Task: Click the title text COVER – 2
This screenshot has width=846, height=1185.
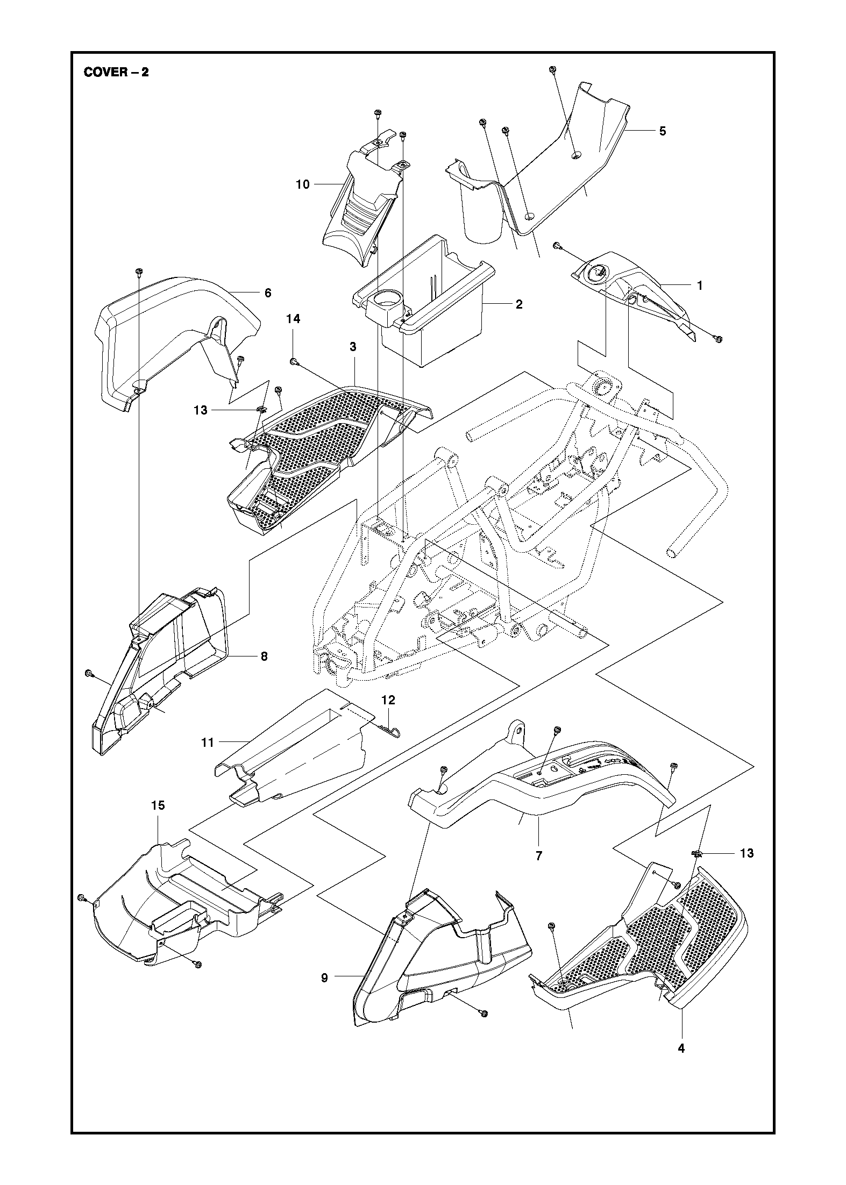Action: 116,72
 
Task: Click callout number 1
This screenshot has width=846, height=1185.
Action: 700,286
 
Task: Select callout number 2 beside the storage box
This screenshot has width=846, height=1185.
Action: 518,304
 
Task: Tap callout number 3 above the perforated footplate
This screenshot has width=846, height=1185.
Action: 353,347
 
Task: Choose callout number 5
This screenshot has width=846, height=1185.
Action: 662,131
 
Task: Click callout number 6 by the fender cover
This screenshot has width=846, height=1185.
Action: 268,293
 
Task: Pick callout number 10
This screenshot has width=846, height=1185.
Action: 303,184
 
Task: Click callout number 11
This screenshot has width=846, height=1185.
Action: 208,743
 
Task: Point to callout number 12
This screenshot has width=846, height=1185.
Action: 388,699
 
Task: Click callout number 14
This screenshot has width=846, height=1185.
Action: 293,319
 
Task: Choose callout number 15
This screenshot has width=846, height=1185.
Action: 158,805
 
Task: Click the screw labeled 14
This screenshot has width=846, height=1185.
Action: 294,362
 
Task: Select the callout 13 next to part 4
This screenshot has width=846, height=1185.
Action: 747,853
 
